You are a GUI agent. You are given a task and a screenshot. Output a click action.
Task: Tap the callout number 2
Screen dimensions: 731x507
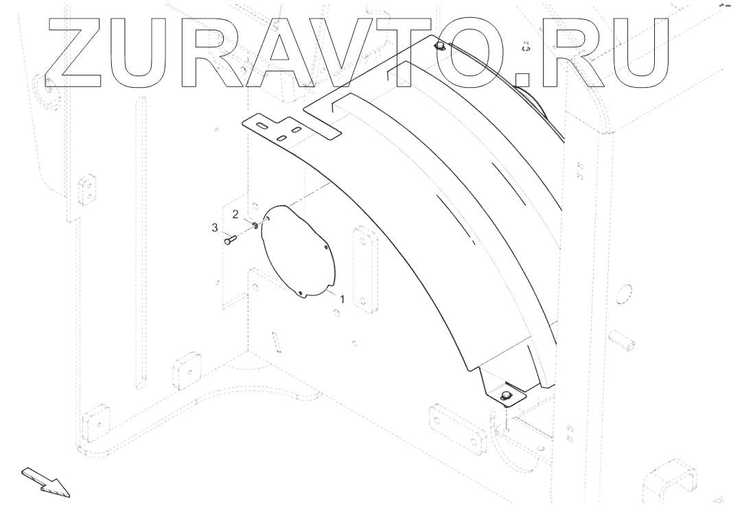tap(235, 215)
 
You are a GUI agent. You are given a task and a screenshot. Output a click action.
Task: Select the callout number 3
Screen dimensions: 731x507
tap(215, 227)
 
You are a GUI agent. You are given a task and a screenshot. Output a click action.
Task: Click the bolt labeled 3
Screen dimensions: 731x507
tap(230, 239)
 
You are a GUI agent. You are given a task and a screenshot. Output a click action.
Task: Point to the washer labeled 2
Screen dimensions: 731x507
tap(255, 224)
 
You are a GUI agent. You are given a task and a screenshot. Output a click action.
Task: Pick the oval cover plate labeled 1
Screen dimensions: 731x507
tap(299, 250)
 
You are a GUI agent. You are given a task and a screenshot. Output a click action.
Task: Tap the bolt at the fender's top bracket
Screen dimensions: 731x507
tap(440, 47)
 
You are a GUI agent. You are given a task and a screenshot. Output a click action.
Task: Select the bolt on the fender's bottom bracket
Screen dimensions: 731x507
tap(506, 395)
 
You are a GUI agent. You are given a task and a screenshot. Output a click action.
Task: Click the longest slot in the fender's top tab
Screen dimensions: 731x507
tap(262, 126)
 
